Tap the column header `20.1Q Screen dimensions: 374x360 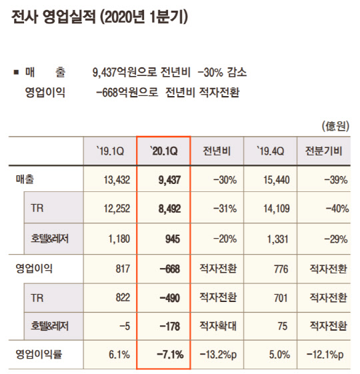coord(163,151)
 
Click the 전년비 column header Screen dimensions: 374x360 coord(217,151)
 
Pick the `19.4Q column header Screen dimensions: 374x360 coord(271,151)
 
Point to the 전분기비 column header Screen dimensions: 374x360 coord(323,151)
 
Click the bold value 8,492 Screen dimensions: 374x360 coord(169,209)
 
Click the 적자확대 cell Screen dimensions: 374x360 coord(217,326)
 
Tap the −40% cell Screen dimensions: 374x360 coord(334,209)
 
